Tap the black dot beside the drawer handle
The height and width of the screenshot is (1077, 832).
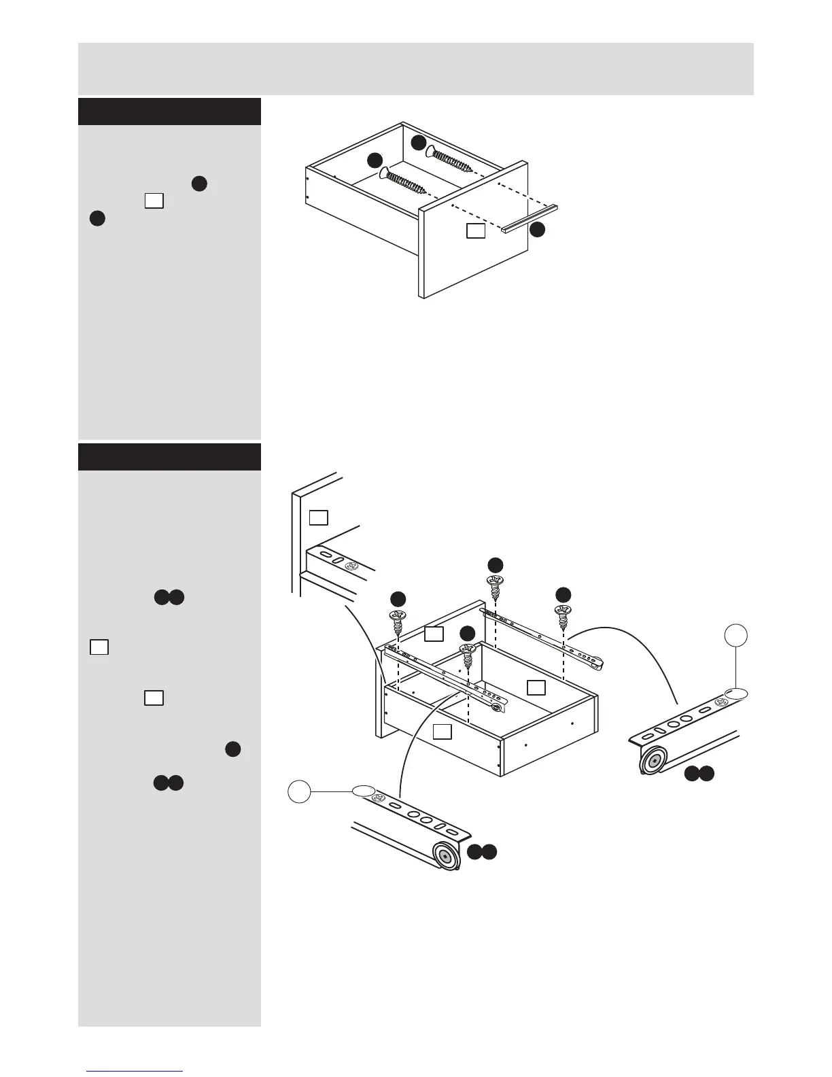tap(537, 230)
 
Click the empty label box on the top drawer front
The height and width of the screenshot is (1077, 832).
tap(476, 230)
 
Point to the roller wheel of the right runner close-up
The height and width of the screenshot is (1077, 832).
tap(653, 762)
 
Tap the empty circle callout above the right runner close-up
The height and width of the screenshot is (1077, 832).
tap(735, 636)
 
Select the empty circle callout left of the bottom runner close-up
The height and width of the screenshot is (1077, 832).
tap(299, 791)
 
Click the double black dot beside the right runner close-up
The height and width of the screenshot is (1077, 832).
tap(699, 773)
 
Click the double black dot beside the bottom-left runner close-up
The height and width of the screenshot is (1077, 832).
tap(482, 851)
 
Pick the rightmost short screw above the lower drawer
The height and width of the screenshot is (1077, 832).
tap(563, 615)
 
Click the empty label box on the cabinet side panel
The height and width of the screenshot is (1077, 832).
tap(318, 517)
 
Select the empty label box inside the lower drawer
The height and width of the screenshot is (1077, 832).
tap(536, 687)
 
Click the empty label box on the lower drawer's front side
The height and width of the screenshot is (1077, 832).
tap(443, 731)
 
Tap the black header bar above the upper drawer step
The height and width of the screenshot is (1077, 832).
tap(169, 112)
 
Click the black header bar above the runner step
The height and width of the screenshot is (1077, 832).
tap(169, 457)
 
